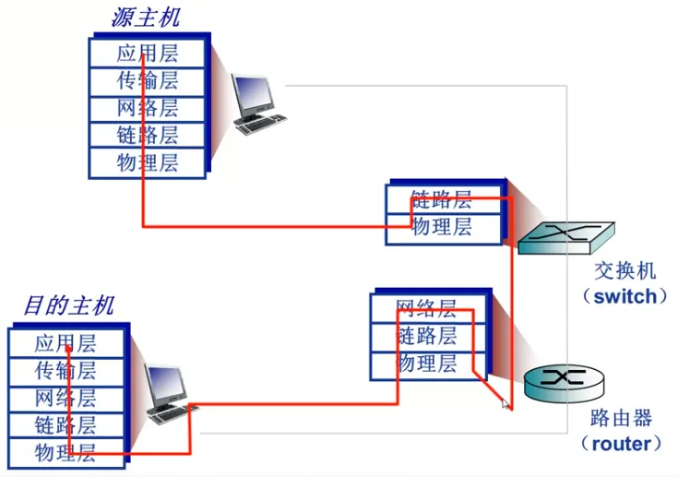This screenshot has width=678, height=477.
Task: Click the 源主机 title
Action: (146, 17)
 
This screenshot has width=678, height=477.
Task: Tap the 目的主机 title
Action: (69, 304)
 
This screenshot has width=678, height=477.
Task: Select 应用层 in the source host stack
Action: (148, 53)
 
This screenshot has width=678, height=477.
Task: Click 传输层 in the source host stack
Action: (148, 80)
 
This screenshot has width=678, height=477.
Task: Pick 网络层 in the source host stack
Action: (148, 108)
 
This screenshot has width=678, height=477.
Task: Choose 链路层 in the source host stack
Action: (148, 136)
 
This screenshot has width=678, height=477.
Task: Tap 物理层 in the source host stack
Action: (148, 163)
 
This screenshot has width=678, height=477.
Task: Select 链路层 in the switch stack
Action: (442, 199)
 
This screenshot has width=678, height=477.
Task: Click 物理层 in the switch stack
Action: (442, 227)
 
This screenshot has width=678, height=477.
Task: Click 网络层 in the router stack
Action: (427, 308)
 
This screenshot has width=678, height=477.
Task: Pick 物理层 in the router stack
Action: (427, 364)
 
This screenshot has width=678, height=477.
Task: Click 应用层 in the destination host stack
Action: (65, 344)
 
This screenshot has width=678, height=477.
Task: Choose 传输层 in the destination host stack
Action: (65, 371)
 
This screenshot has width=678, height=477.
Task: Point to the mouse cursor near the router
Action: (506, 403)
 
